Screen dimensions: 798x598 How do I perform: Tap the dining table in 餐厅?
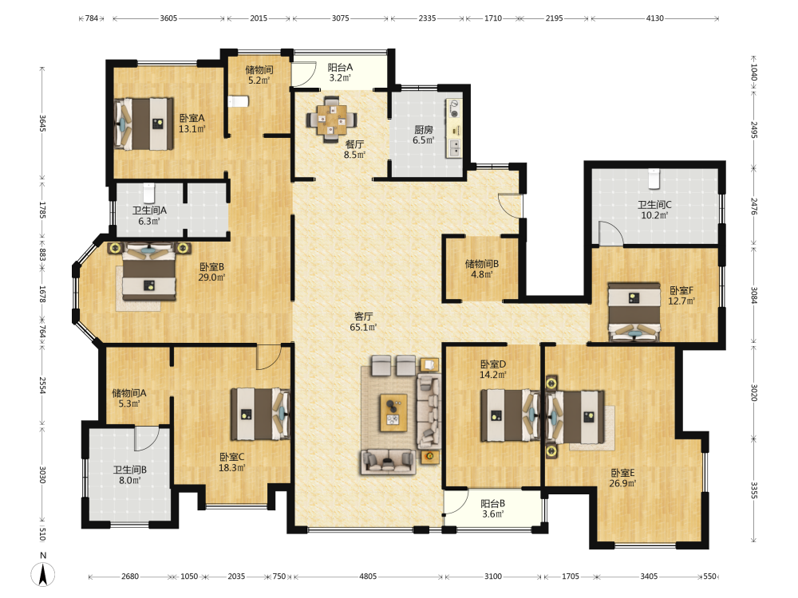click(331, 120)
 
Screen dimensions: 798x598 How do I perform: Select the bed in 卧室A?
click(144, 124)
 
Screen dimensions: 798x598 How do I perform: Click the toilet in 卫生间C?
click(654, 178)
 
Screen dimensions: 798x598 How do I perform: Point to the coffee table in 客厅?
click(393, 412)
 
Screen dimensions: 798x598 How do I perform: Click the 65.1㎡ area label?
click(363, 328)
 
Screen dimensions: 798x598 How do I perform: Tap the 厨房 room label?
click(424, 130)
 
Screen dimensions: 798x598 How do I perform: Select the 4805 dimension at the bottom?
click(368, 576)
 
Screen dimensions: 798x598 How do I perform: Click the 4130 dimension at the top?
click(654, 18)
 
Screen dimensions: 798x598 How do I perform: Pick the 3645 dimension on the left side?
click(43, 124)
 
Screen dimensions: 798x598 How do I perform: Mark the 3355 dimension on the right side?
click(754, 490)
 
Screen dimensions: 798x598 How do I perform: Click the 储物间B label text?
click(481, 264)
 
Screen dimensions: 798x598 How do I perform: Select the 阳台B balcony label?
click(492, 503)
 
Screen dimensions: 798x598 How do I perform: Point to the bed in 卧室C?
click(260, 414)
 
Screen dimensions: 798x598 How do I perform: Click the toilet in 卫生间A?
click(148, 193)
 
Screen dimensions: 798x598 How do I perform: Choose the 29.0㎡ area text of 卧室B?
click(211, 277)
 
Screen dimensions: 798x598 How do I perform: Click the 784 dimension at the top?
click(92, 18)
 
